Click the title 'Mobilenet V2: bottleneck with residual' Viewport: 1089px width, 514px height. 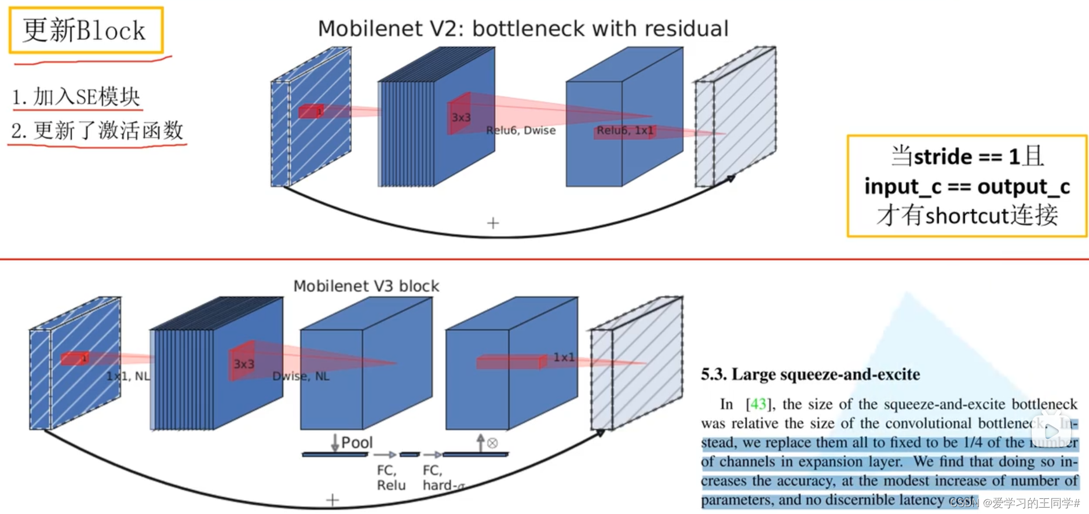[x=523, y=28]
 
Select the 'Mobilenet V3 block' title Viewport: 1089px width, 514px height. [x=366, y=286]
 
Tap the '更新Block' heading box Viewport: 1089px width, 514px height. [x=86, y=30]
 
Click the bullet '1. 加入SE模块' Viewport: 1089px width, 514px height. [x=76, y=97]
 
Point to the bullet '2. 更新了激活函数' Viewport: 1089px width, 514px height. [x=97, y=130]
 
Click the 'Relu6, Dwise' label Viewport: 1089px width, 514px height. [x=521, y=130]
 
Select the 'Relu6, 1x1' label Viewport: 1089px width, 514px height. [x=625, y=130]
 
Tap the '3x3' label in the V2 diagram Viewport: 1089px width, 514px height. [x=461, y=118]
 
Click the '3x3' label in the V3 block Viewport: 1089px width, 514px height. [x=244, y=364]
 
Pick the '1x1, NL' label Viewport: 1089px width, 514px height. [x=128, y=376]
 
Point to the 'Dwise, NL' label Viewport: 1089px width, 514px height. [x=301, y=376]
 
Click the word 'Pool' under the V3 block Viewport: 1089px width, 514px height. [x=357, y=443]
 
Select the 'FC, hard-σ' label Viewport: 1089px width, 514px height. [x=443, y=477]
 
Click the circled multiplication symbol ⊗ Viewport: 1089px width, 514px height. [x=492, y=443]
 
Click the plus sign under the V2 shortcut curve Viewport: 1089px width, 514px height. [x=493, y=223]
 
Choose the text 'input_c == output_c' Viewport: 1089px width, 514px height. [x=967, y=187]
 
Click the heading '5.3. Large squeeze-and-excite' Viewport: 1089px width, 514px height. [x=810, y=374]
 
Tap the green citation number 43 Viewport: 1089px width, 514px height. [x=758, y=404]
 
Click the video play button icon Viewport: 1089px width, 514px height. [x=1051, y=431]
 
